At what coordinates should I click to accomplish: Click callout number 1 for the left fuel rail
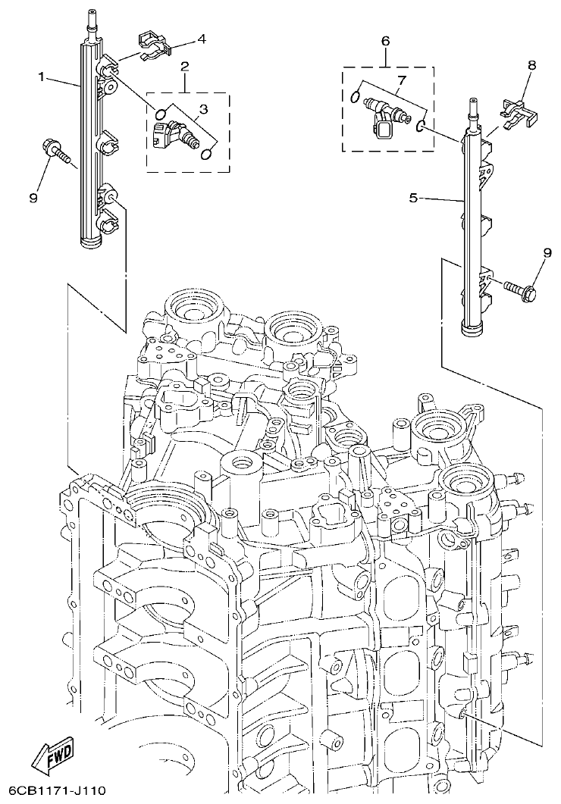tap(43, 77)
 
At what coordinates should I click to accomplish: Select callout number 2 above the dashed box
tap(184, 68)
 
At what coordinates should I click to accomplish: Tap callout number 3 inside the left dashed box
tap(203, 110)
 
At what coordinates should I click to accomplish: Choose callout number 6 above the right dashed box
tap(385, 40)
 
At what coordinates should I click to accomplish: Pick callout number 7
tap(402, 80)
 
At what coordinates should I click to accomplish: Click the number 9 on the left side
tap(33, 177)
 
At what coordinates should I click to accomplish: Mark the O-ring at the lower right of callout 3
tap(205, 155)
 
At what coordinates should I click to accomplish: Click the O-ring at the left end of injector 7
tap(356, 96)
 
